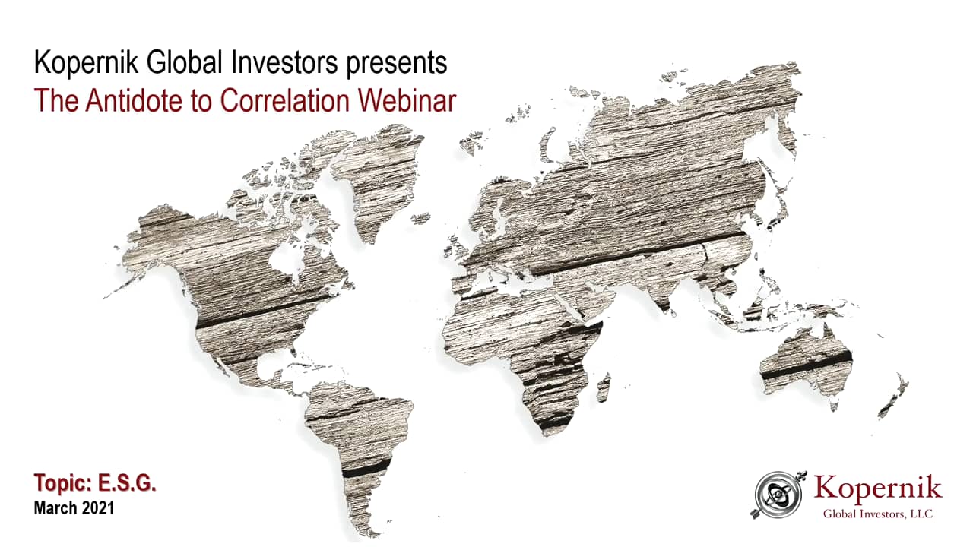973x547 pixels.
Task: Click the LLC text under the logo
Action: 921,514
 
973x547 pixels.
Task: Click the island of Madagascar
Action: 603,387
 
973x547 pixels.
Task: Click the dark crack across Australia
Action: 806,366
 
